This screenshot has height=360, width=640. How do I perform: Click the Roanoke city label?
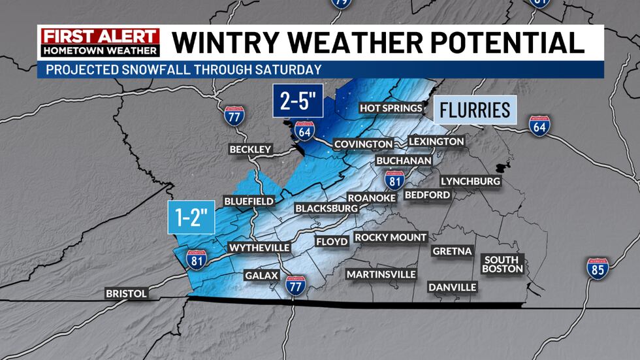(x=372, y=198)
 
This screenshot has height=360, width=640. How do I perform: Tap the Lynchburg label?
(x=470, y=181)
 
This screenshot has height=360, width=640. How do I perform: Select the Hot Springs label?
(x=388, y=108)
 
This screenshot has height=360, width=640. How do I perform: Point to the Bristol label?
(x=127, y=294)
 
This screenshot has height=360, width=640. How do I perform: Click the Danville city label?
(x=453, y=287)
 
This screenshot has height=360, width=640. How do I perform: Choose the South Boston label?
(x=503, y=264)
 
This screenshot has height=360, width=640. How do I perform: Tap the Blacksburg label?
(x=327, y=208)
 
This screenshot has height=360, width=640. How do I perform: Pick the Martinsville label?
(x=381, y=274)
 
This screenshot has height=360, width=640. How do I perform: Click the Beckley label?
(x=250, y=150)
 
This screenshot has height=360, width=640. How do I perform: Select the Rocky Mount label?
(x=391, y=238)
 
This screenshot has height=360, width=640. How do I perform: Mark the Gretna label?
(x=452, y=251)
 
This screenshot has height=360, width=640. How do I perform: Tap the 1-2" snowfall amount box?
(x=192, y=217)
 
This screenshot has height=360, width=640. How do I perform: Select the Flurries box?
(x=475, y=110)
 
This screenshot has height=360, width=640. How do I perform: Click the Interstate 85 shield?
(x=597, y=268)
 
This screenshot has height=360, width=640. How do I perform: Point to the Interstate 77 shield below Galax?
(x=296, y=285)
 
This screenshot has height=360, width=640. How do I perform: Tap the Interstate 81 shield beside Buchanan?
(x=393, y=178)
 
